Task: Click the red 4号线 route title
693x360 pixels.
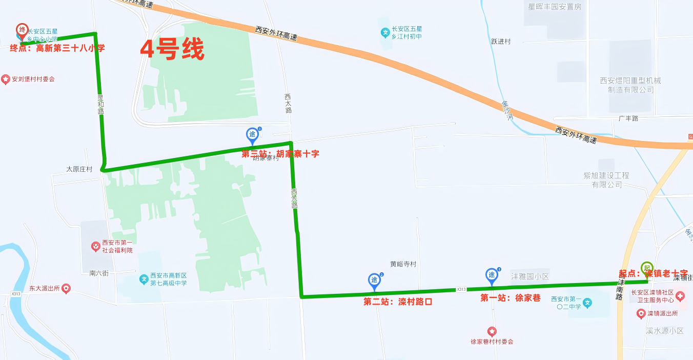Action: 172,50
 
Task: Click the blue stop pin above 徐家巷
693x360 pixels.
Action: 492,276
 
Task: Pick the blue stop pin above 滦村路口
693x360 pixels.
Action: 375,281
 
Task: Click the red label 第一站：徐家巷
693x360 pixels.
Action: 511,298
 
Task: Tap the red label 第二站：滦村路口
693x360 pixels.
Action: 398,302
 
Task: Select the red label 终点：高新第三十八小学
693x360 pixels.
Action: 57,49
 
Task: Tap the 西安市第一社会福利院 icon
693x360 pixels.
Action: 95,247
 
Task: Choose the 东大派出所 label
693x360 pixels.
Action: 45,289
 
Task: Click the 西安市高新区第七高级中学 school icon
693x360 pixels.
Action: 144,280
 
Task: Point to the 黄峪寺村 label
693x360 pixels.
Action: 403,265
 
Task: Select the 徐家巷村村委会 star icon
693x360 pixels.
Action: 492,331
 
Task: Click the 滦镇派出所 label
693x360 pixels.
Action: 662,313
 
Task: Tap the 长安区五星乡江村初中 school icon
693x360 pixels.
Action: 385,33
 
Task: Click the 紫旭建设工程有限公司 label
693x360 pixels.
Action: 606,179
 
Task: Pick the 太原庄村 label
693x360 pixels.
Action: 79,169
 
